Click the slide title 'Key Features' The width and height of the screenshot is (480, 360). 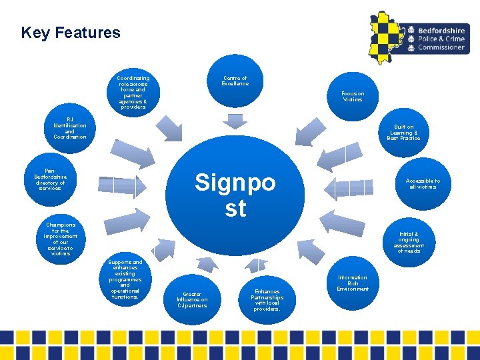pos(71,33)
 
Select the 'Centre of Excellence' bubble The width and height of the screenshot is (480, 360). pos(235,81)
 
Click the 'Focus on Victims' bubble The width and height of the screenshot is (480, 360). pos(352,97)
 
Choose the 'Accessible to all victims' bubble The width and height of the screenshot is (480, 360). pos(423,184)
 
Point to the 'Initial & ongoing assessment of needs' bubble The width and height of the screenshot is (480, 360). pos(408,243)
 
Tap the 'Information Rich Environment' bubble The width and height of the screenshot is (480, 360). pos(352,283)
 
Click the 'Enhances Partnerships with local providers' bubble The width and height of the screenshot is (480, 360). pos(267,299)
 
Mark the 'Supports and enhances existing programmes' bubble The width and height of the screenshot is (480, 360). pos(125,279)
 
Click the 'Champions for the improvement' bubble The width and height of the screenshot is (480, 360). pos(61,239)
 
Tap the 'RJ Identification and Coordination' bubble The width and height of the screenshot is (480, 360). pos(69,127)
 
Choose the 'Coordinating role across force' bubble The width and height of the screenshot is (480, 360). pos(133,92)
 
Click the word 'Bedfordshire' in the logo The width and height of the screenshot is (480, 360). pos(441,31)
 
